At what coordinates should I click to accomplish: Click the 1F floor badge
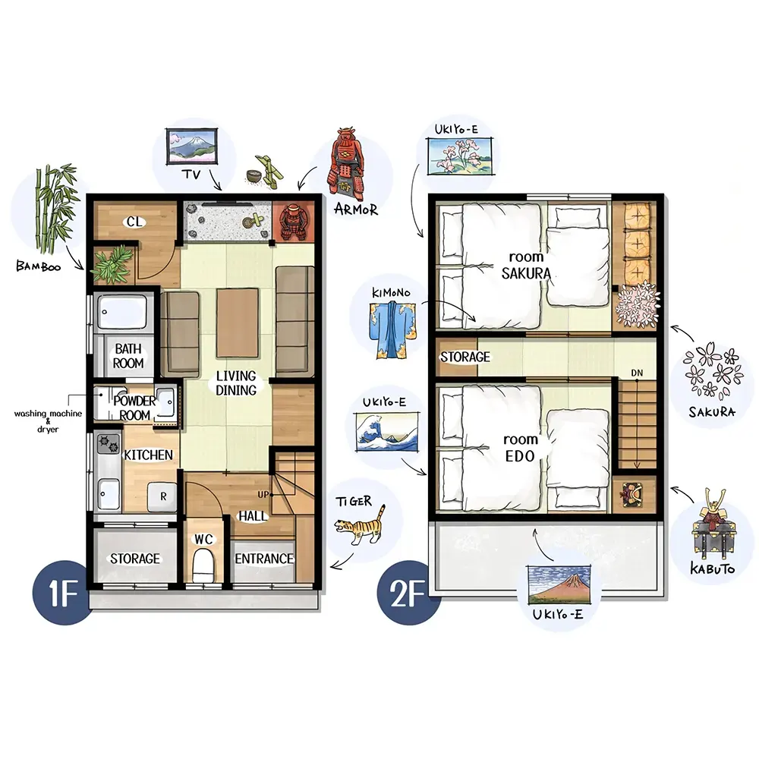click(x=61, y=593)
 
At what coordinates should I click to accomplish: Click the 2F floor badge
click(x=408, y=594)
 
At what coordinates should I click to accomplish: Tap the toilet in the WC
click(x=203, y=565)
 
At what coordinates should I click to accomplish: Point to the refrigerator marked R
click(x=163, y=496)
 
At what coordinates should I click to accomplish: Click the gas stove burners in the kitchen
click(x=109, y=443)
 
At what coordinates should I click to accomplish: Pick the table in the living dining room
click(x=237, y=323)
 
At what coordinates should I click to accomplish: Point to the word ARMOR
click(x=356, y=209)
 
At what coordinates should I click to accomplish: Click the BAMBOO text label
click(x=39, y=266)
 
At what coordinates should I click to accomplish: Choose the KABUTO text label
click(x=712, y=568)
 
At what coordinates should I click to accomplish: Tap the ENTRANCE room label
click(x=264, y=559)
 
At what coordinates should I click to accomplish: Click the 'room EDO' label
click(x=521, y=448)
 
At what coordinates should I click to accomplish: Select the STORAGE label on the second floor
click(x=465, y=357)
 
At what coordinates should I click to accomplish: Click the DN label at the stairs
click(x=637, y=373)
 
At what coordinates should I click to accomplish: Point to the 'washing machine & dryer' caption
click(x=48, y=421)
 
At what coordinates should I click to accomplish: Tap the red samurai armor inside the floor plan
click(x=293, y=222)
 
